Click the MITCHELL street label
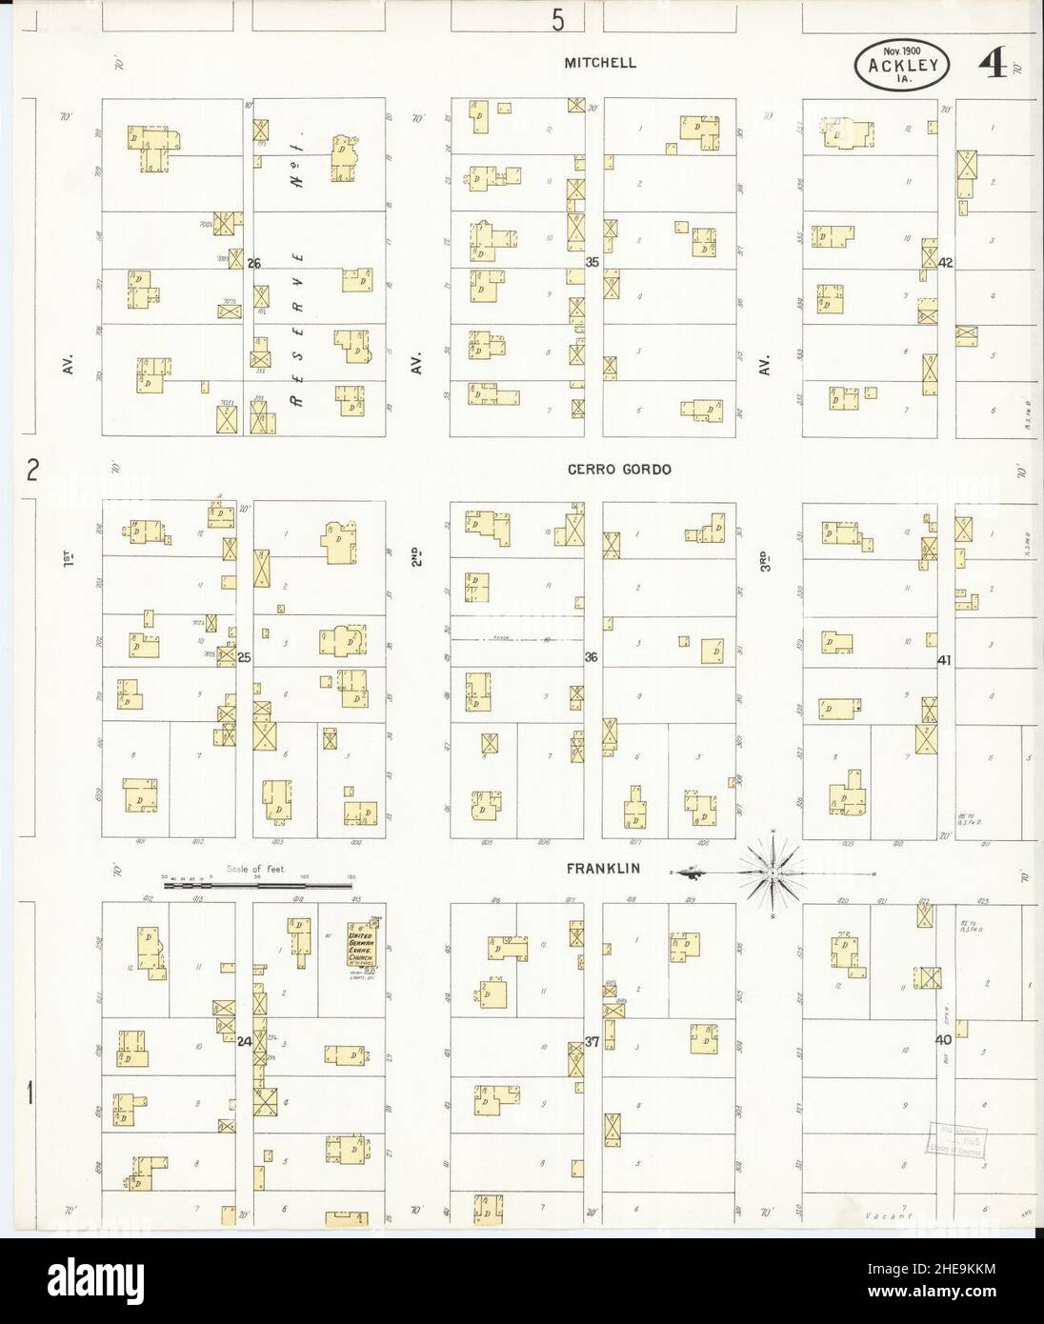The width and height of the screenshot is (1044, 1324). (x=600, y=63)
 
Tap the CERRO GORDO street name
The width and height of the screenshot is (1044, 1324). (x=607, y=469)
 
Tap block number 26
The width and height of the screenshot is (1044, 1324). (x=253, y=263)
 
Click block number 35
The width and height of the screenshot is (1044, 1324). (x=592, y=262)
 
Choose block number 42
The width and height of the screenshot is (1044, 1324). (x=945, y=262)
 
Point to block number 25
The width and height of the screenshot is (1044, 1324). (x=244, y=657)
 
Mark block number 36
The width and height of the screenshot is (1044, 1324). (x=592, y=657)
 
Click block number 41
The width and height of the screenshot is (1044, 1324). (x=945, y=659)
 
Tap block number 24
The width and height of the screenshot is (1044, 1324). (x=245, y=1042)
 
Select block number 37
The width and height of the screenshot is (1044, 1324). (x=592, y=1042)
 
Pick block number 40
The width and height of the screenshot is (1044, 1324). (x=944, y=1041)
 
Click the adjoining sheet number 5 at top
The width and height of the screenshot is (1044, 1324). (x=557, y=19)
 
